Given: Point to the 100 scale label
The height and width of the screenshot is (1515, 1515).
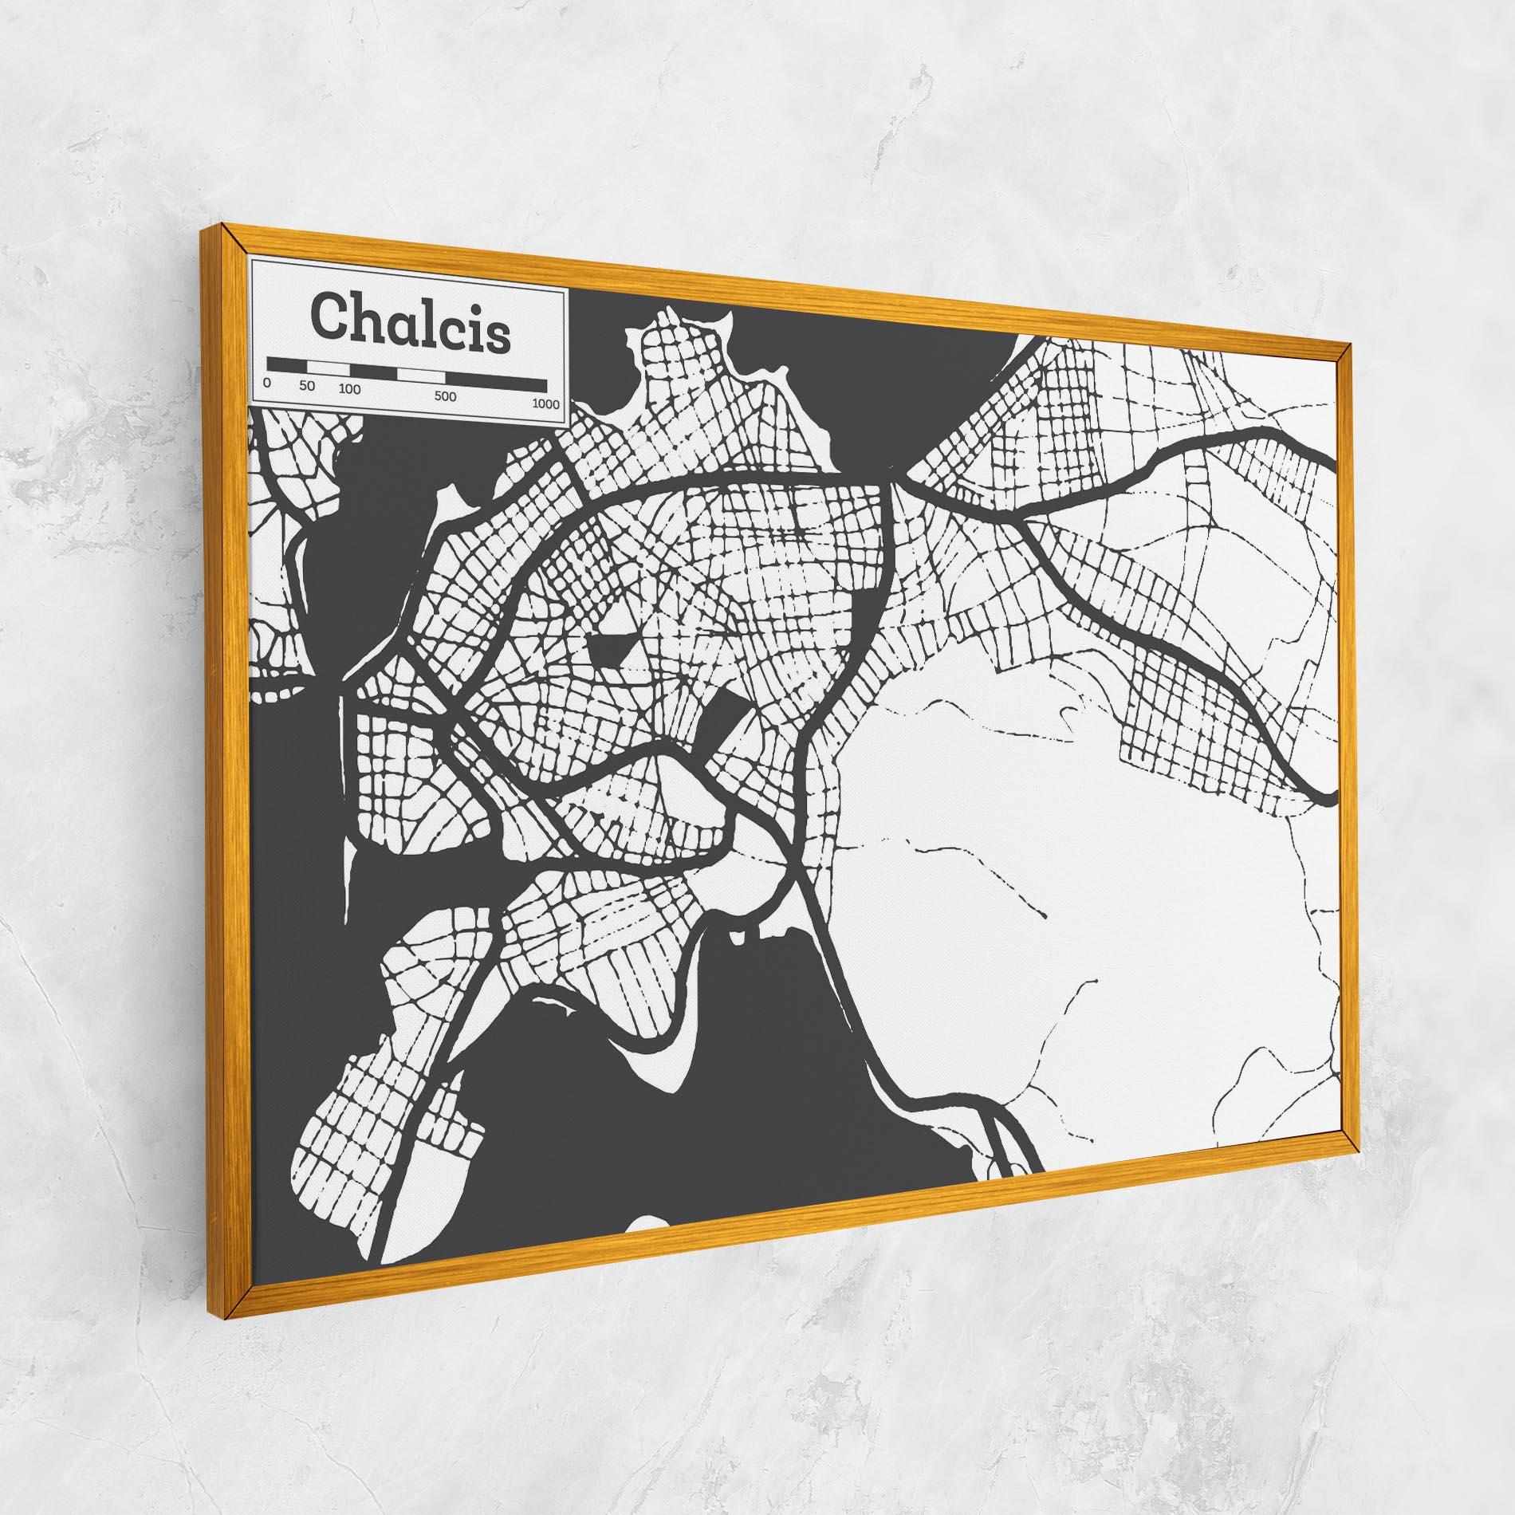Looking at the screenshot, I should click(349, 390).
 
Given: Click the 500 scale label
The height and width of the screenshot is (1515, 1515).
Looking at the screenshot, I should click(446, 396).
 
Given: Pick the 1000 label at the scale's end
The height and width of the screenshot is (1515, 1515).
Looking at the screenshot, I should click(546, 404).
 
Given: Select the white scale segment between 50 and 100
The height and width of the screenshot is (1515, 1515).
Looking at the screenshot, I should click(329, 368).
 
